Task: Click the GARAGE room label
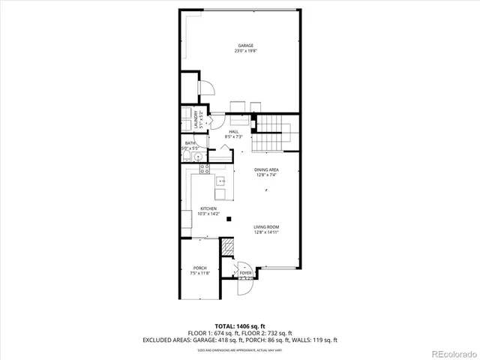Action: tap(241, 46)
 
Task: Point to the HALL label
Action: tap(234, 132)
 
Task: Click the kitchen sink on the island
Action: tap(221, 181)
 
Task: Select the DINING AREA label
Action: tap(266, 170)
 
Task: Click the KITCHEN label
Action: tap(208, 208)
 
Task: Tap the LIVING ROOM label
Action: tap(266, 227)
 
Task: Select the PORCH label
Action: tap(200, 268)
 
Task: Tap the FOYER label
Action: tap(245, 273)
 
